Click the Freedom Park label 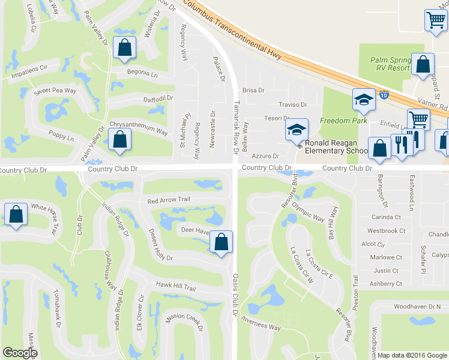pos(343,121)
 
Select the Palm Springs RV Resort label pos(390,64)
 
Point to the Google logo pos(20,353)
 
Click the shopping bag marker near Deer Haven pos(221,242)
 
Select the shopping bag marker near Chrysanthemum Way pos(120,139)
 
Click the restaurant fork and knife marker pos(400,144)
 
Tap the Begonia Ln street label pos(142,74)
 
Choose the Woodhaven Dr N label pos(417,307)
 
